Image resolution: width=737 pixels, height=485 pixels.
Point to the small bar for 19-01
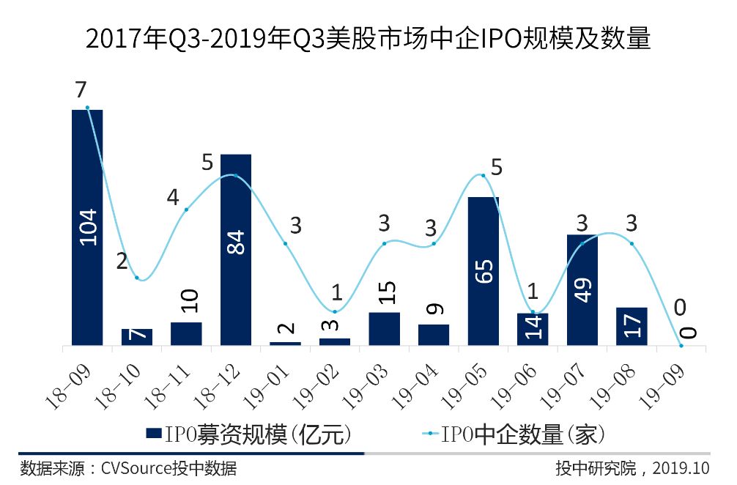coord(285,343)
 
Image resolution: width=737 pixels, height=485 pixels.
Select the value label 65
coord(484,268)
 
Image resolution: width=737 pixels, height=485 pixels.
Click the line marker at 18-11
coord(186,210)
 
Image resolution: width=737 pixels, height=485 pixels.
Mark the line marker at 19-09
coord(681,345)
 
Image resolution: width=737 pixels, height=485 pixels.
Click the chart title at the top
coord(368,38)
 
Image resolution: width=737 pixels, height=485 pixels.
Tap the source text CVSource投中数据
coord(168,467)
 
